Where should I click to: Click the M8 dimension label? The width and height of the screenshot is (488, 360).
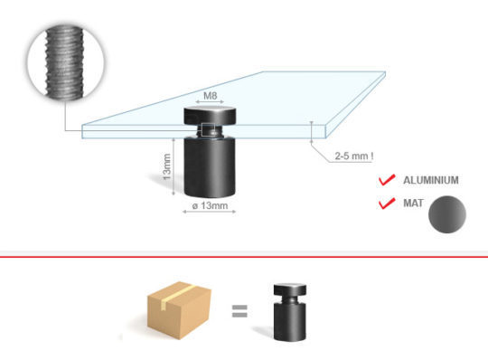(x=210, y=96)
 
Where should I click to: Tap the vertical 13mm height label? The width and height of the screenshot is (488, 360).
(x=167, y=166)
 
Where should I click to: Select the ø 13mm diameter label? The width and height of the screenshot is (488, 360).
(x=210, y=205)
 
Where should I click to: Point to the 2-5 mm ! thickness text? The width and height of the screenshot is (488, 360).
(x=354, y=156)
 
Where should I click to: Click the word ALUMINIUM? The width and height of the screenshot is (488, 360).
(x=431, y=180)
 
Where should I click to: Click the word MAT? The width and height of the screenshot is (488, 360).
(x=413, y=203)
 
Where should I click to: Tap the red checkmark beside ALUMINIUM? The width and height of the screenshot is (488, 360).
(x=387, y=180)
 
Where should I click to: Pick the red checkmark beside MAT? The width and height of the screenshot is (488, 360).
(x=387, y=203)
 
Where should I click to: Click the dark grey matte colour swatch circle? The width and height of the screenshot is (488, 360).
(x=447, y=214)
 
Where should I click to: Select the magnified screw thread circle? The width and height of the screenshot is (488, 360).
(x=65, y=62)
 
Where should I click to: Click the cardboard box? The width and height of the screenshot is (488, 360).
(x=179, y=310)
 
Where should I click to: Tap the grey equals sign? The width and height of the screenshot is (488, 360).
(x=239, y=311)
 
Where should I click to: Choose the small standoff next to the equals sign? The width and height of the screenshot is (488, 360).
(x=290, y=312)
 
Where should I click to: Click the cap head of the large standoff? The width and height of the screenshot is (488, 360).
(x=210, y=116)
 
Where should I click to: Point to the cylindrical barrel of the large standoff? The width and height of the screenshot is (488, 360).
(x=210, y=166)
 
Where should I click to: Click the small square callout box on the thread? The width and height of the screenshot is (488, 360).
(x=208, y=129)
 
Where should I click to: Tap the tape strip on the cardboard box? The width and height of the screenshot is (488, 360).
(x=176, y=295)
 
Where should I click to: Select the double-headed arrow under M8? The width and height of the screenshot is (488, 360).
(x=210, y=102)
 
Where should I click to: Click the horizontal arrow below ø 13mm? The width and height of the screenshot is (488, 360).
(x=209, y=212)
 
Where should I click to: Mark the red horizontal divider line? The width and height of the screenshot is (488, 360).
(x=244, y=257)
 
